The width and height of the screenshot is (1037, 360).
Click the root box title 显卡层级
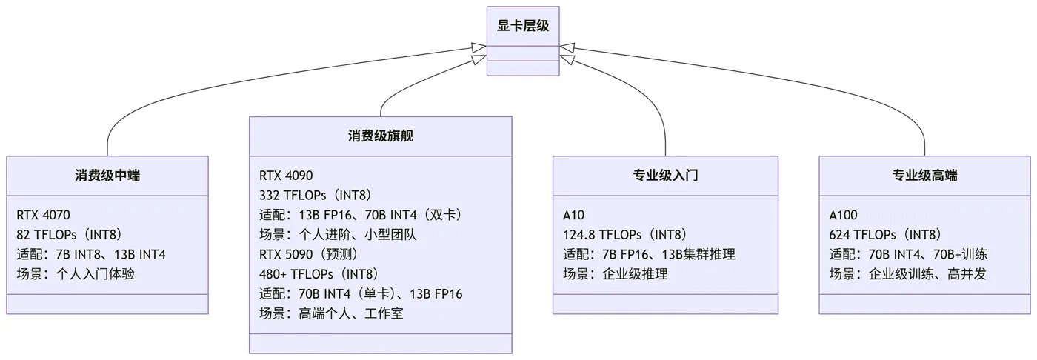tap(523, 26)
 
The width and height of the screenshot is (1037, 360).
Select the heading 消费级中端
tap(107, 176)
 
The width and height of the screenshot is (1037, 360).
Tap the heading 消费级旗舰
tap(380, 136)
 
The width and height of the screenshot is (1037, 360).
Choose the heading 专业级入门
tap(665, 176)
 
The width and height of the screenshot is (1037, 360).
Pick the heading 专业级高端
tap(924, 176)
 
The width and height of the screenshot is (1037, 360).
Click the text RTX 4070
tap(43, 216)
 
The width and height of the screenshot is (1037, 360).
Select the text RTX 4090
tap(286, 176)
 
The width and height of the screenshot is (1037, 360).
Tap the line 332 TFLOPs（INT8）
tap(315, 196)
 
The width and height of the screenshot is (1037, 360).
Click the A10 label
tap(574, 216)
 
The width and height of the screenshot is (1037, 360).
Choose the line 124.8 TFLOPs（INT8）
tap(624, 235)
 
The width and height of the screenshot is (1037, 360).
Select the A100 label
tap(844, 216)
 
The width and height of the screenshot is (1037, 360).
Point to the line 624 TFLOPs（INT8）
tap(888, 235)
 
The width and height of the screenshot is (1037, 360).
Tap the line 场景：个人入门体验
tap(76, 274)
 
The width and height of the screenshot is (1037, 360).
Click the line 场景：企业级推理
tap(615, 274)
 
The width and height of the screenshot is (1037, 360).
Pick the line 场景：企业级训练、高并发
tap(907, 274)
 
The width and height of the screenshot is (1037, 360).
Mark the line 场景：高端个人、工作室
tap(331, 313)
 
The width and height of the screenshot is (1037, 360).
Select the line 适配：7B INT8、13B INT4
tap(91, 255)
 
